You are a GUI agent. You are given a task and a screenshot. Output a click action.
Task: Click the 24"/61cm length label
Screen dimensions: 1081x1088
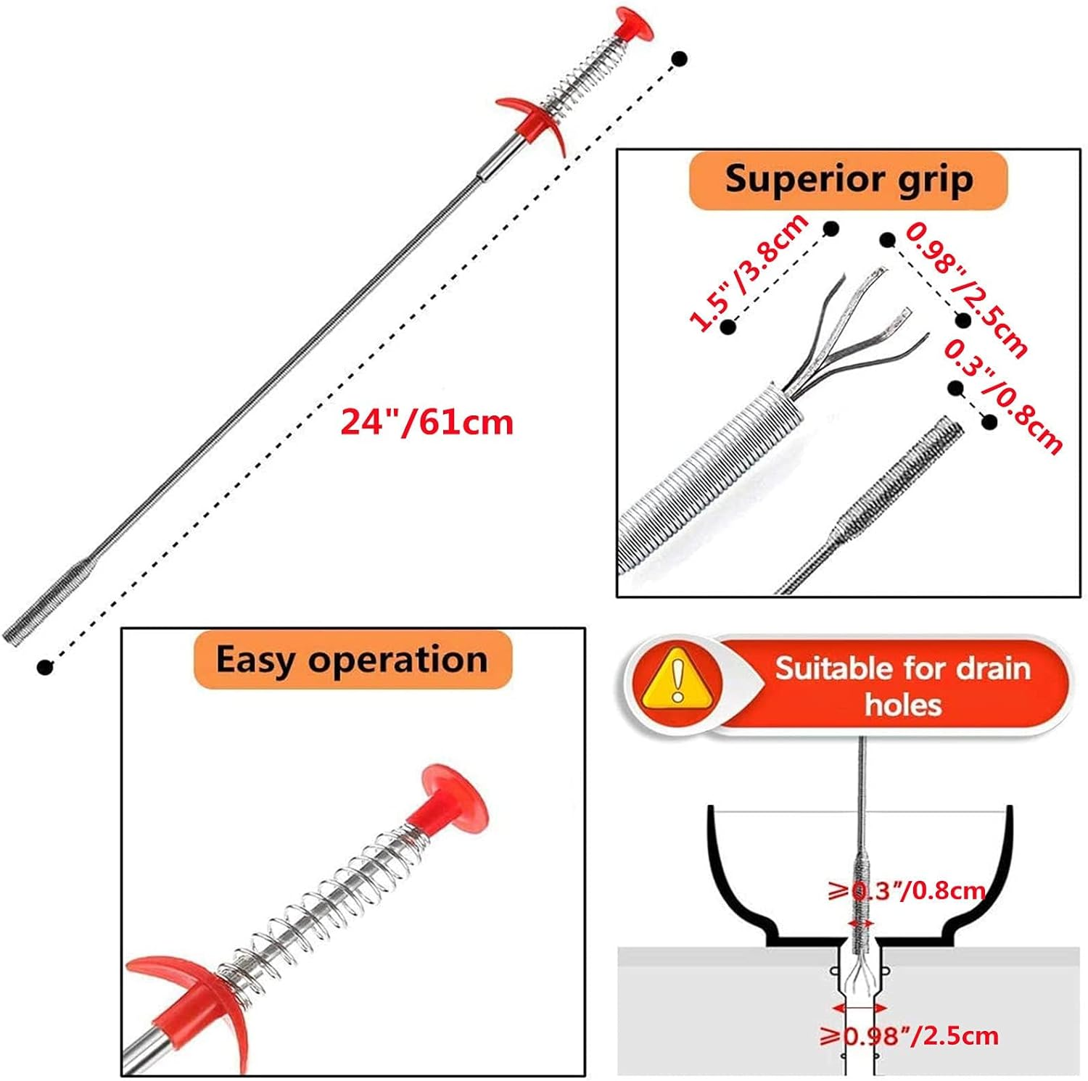tap(426, 421)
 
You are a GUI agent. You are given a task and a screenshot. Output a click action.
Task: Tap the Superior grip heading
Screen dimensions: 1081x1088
tap(848, 179)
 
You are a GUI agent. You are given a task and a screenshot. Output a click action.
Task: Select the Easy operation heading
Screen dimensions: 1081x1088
tap(352, 660)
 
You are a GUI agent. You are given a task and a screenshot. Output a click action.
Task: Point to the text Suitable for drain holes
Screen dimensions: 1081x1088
tap(902, 685)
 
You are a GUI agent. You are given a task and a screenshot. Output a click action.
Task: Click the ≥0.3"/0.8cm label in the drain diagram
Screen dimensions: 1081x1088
tap(907, 890)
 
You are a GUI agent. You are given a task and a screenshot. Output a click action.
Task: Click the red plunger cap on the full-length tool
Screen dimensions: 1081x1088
tap(630, 24)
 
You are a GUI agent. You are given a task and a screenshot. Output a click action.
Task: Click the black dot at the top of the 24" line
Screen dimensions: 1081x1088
tap(679, 59)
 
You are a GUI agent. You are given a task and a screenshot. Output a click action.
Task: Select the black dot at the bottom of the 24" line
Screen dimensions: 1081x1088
tap(45, 666)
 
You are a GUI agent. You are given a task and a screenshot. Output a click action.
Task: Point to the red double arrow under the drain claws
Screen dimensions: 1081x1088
tap(860, 1008)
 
